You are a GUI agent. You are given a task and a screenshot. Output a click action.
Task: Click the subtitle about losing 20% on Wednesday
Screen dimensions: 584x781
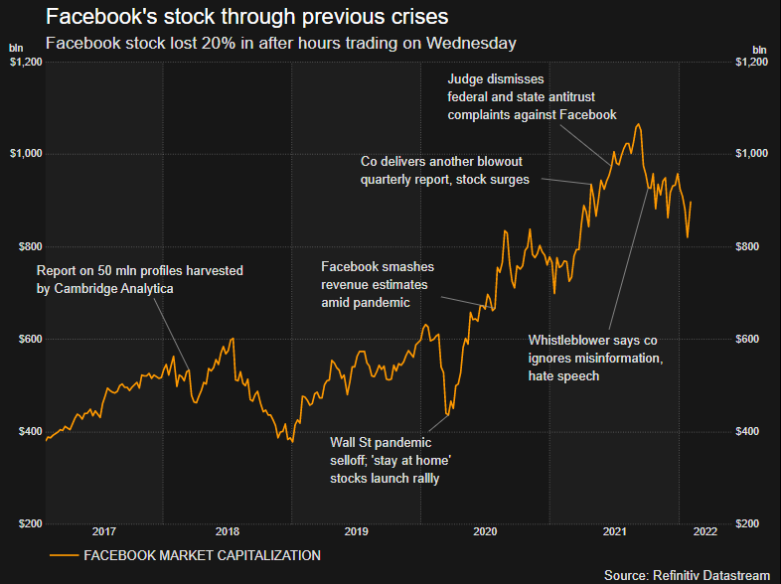pos(281,44)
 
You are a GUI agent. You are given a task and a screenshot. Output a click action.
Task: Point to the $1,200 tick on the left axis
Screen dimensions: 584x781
pos(24,62)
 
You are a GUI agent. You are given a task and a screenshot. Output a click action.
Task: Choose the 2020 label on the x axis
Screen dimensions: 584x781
pos(485,531)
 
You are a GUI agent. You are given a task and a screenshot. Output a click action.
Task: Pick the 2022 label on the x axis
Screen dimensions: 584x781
pos(704,531)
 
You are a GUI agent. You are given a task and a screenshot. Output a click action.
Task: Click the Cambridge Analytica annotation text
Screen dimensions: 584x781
pos(139,279)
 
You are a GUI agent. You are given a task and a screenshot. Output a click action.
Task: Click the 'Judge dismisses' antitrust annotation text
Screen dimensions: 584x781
pos(533,96)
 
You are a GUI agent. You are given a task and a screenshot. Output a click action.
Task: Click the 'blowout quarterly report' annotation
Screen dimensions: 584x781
pos(445,170)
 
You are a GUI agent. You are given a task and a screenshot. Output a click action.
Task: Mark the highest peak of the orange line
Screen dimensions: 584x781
pos(637,124)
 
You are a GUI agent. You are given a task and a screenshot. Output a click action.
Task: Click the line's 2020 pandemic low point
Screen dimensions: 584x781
pos(447,415)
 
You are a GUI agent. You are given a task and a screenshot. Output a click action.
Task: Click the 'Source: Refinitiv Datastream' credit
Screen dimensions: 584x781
pos(687,574)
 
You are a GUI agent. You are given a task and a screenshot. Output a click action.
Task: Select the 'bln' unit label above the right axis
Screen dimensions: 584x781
pos(759,48)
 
